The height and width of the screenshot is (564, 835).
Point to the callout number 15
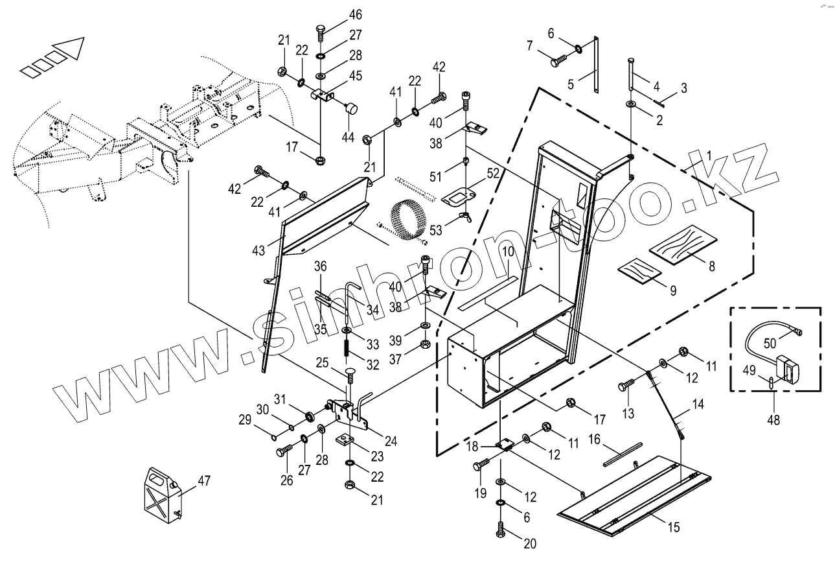click(674, 527)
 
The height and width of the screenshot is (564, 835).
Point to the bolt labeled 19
click(481, 465)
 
